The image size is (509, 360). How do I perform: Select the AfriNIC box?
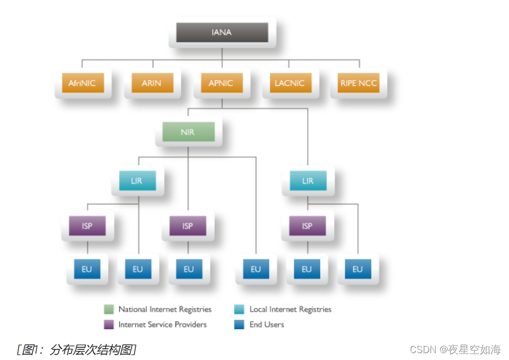click(82, 83)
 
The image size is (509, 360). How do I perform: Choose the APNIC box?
click(221, 83)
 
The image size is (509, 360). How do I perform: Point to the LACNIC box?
click(289, 83)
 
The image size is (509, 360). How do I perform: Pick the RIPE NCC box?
click(358, 83)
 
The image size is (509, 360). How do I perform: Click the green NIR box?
click(188, 132)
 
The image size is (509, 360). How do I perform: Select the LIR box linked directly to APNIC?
click(308, 181)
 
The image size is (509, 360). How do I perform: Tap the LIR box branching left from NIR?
click(137, 181)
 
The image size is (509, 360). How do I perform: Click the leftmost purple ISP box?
click(87, 226)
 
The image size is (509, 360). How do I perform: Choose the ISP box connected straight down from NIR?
click(188, 226)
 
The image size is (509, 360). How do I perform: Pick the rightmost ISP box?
click(307, 226)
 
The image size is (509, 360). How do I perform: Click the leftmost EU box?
click(87, 269)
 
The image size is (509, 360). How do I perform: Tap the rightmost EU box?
click(357, 269)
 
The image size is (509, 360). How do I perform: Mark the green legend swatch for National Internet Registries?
click(109, 310)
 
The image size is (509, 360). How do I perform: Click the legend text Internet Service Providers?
click(162, 324)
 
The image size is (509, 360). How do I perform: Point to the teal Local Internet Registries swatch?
click(240, 310)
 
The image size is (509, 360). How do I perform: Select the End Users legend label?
click(267, 324)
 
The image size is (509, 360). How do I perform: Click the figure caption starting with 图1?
click(77, 349)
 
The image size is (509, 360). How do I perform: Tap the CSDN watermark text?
click(455, 349)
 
